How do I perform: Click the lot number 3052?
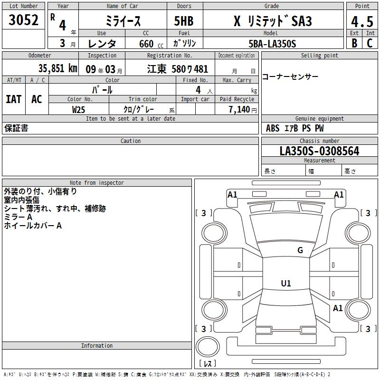point(24,20)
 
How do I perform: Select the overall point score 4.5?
point(362,21)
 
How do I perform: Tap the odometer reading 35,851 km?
point(57,68)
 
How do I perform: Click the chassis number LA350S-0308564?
point(319,152)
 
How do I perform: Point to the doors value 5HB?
point(184,21)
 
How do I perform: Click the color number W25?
point(78,109)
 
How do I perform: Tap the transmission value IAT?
point(14,99)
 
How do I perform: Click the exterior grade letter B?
point(354,43)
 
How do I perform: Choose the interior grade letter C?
point(370,43)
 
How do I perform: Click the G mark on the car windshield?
point(300,250)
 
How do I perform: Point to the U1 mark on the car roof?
point(286,284)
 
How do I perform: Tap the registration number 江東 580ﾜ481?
point(177,69)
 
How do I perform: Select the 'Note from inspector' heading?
point(96,183)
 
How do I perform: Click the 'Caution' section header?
point(130,141)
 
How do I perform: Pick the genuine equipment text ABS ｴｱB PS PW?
point(294,128)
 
